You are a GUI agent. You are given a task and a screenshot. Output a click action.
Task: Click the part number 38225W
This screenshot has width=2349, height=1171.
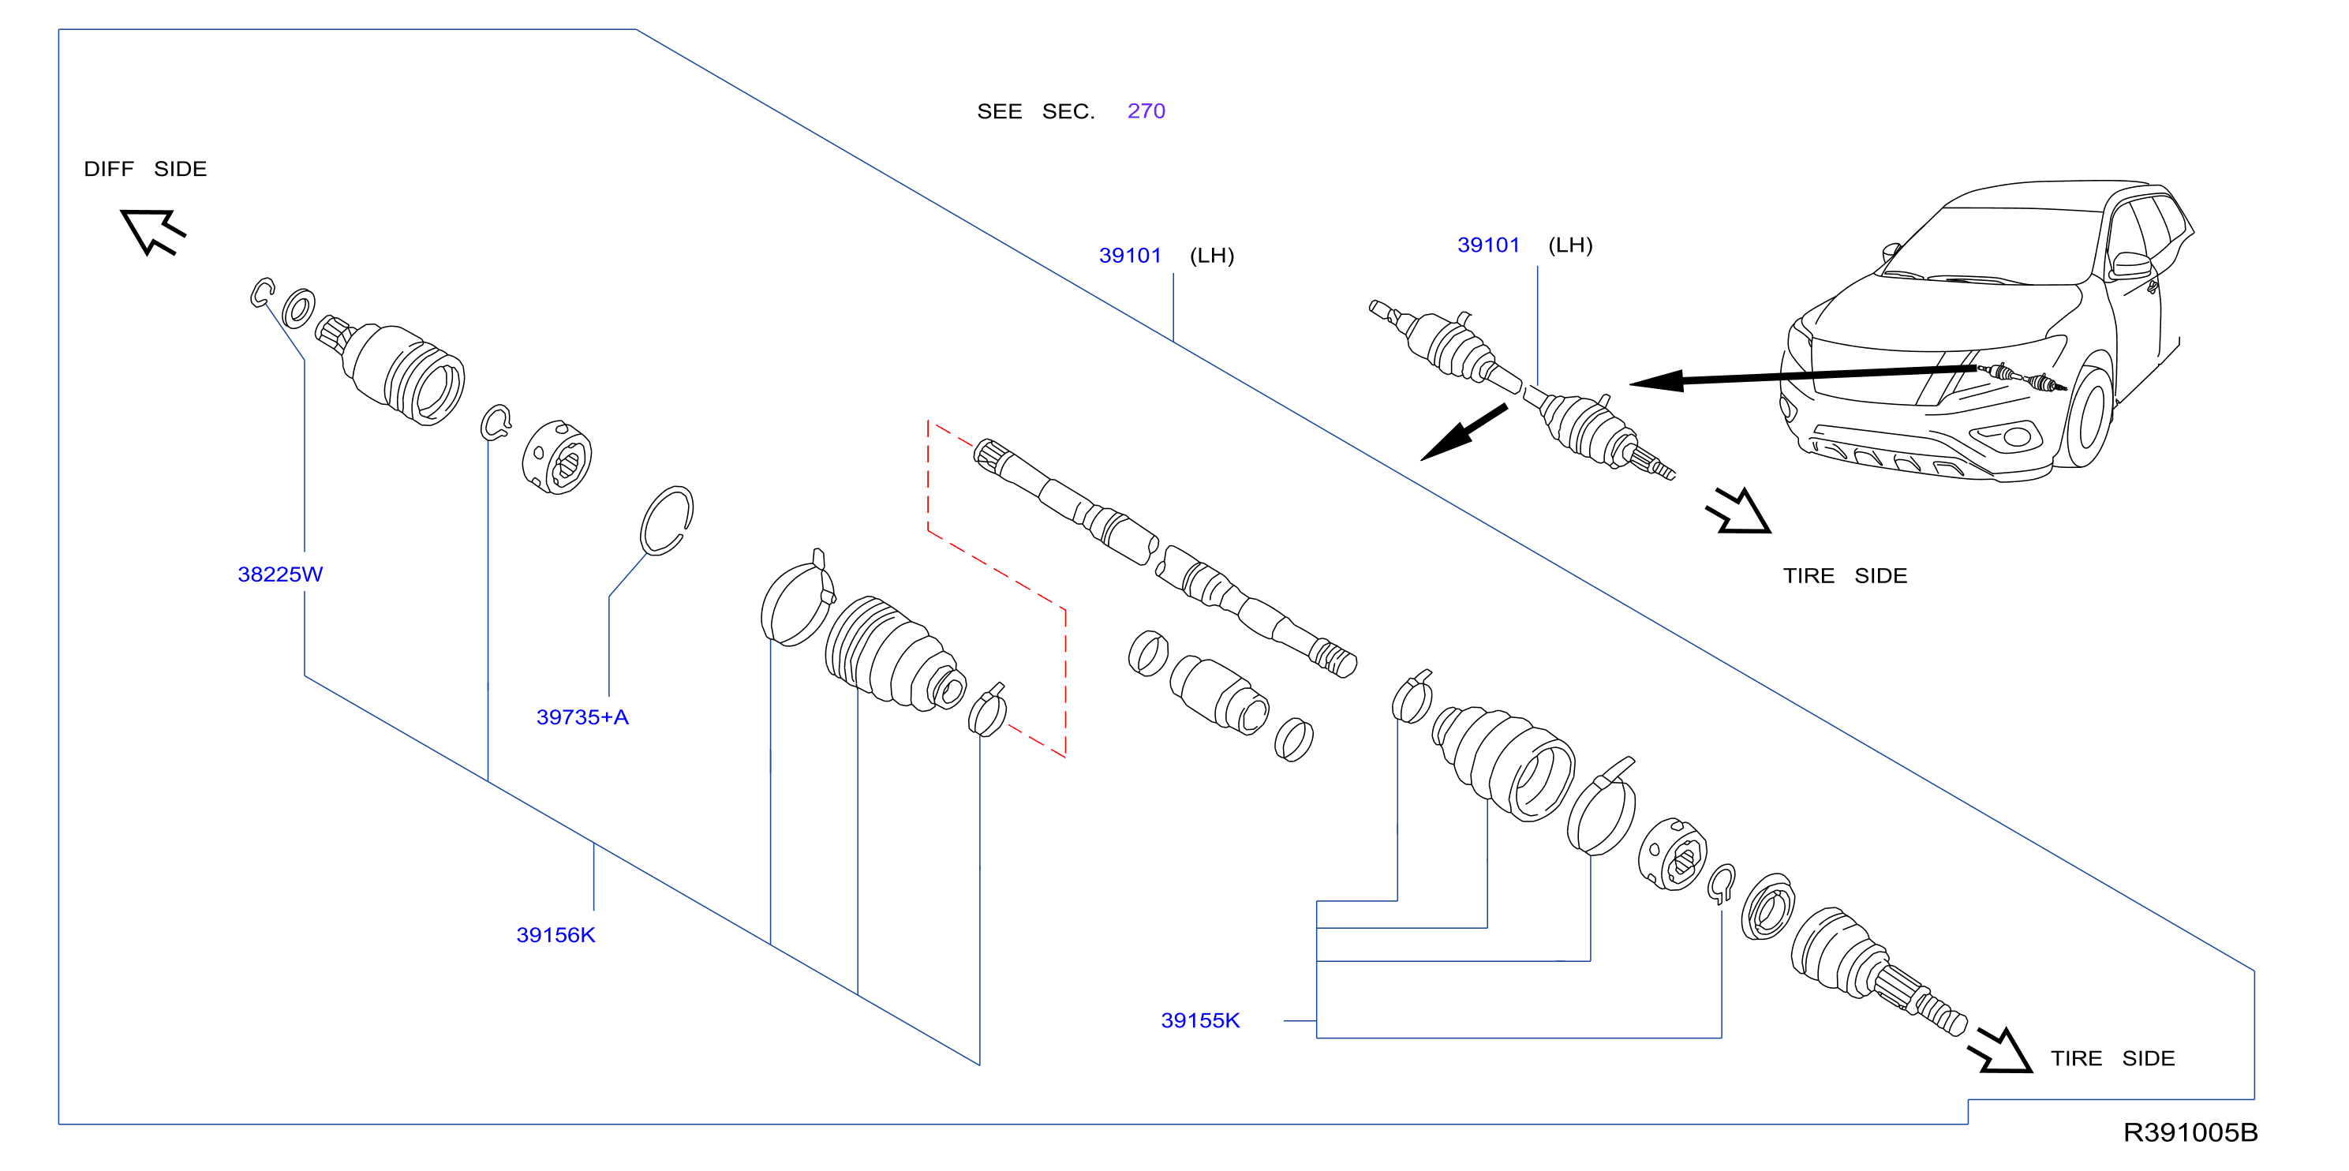pos(280,574)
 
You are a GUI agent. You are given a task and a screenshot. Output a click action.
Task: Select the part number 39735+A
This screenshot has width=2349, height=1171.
pos(582,716)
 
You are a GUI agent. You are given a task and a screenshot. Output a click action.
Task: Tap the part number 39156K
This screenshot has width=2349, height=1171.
pos(555,935)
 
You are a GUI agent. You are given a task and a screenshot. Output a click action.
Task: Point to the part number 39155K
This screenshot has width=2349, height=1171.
pos(1200,1020)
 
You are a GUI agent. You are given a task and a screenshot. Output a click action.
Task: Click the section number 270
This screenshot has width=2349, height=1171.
pos(1146,111)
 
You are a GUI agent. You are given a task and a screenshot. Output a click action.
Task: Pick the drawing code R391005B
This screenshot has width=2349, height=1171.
pos(2190,1132)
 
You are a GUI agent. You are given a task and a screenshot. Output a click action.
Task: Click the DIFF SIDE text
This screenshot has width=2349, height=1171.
pos(146,169)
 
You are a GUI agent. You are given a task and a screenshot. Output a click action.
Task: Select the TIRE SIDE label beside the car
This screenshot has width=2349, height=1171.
pos(1845,575)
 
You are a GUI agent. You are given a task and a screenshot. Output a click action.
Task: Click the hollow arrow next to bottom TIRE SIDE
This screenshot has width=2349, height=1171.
pos(2001,1050)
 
